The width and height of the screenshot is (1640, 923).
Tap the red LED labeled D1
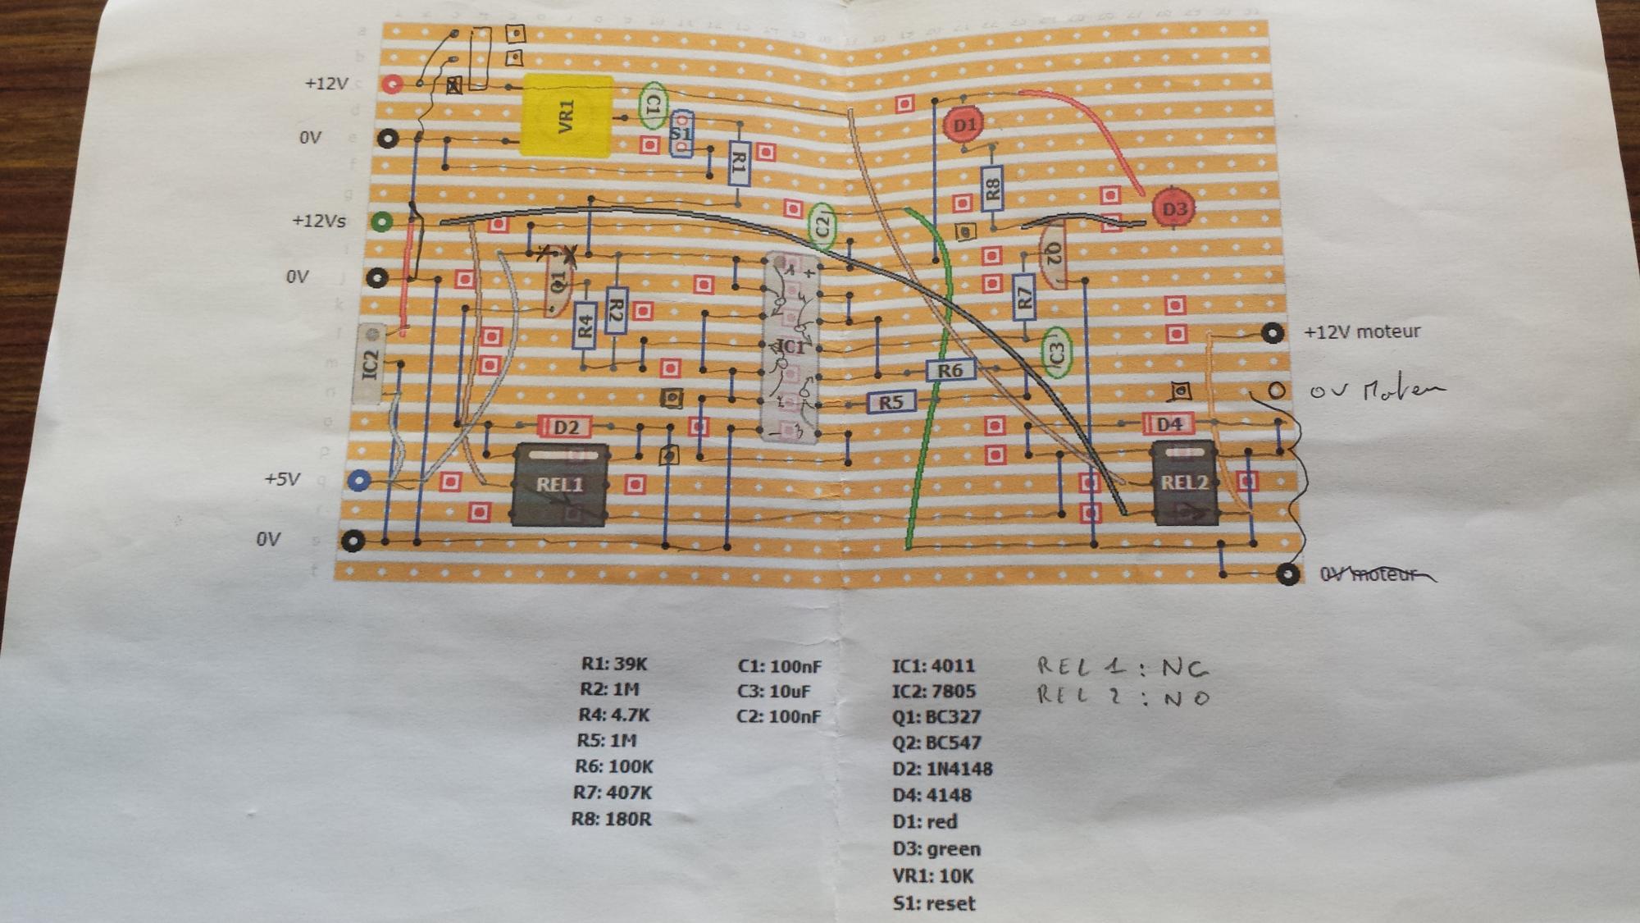click(x=964, y=125)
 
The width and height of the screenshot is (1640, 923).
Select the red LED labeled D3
click(x=1173, y=208)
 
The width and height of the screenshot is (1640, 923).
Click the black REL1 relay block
click(x=560, y=484)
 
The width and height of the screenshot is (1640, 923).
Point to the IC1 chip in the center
click(x=790, y=347)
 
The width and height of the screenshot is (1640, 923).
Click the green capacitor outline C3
click(x=1056, y=352)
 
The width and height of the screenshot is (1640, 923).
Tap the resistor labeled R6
click(x=950, y=371)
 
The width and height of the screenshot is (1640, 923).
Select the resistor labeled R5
click(x=891, y=402)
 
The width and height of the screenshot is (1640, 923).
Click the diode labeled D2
click(x=565, y=427)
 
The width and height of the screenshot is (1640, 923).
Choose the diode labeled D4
click(x=1168, y=424)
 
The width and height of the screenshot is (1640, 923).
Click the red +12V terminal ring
click(x=393, y=84)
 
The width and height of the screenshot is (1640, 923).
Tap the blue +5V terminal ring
click(x=359, y=480)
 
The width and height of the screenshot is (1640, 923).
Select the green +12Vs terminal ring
click(x=381, y=221)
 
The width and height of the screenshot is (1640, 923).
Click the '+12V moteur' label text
click(x=1362, y=332)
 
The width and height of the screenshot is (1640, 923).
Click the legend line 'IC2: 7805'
click(x=933, y=692)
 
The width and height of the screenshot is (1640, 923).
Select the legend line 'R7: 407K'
click(x=612, y=793)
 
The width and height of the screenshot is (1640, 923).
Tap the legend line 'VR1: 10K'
click(x=932, y=876)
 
